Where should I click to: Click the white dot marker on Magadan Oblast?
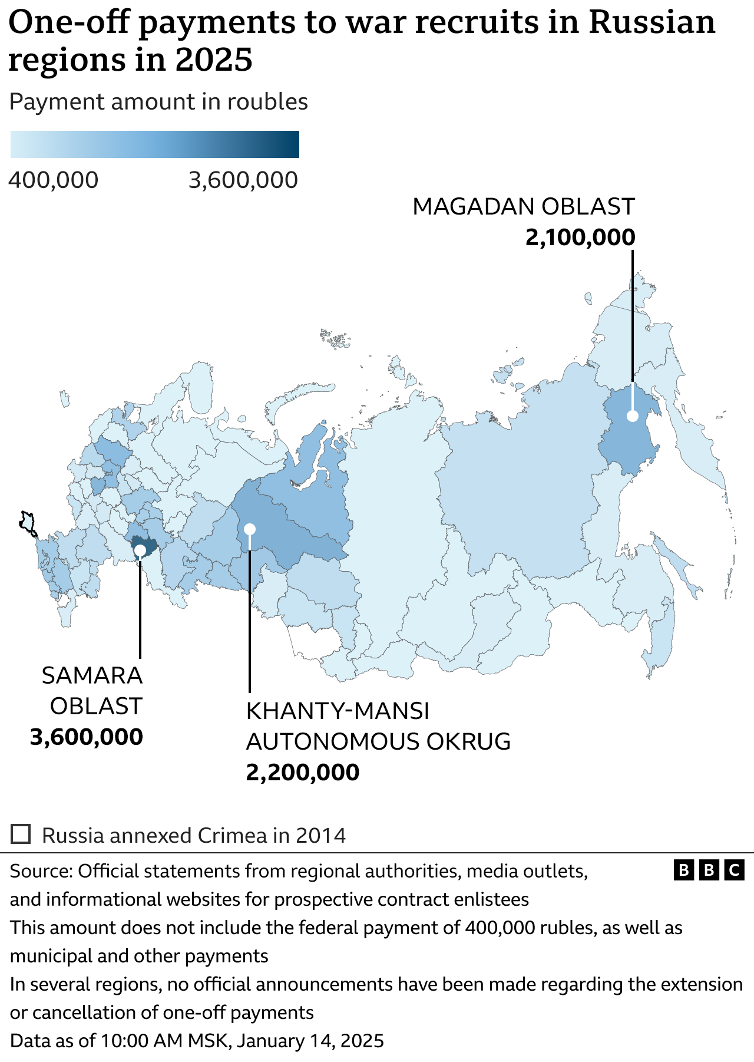tap(632, 415)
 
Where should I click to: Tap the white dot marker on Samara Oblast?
tap(140, 550)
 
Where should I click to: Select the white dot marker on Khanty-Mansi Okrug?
tap(249, 528)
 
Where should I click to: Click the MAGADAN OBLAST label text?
tap(523, 207)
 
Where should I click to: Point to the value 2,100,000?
tap(580, 238)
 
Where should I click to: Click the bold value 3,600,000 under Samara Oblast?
tap(87, 737)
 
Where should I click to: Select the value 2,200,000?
tap(302, 773)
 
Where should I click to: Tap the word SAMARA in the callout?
tap(92, 675)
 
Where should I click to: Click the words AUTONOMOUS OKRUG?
tap(378, 741)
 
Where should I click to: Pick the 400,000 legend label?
tap(54, 180)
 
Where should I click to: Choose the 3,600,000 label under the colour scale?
tap(243, 180)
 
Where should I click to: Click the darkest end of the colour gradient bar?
tap(295, 144)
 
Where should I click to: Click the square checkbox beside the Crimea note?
tap(21, 835)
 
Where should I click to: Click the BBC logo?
tap(709, 870)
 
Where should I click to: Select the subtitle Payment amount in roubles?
tap(158, 102)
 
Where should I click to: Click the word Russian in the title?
tap(652, 22)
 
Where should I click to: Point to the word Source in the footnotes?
tap(40, 871)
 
